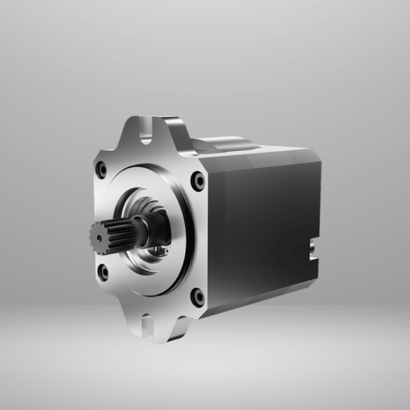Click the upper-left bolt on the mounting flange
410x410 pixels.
pyautogui.click(x=101, y=169)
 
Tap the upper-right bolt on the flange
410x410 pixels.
pyautogui.click(x=198, y=180)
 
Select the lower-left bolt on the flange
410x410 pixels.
pyautogui.click(x=102, y=272)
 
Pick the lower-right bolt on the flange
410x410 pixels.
pyautogui.click(x=197, y=297)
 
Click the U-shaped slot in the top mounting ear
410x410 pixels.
pyautogui.click(x=147, y=133)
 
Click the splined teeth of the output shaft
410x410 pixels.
pyautogui.click(x=113, y=236)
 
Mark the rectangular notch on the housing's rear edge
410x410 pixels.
pyautogui.click(x=313, y=249)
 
